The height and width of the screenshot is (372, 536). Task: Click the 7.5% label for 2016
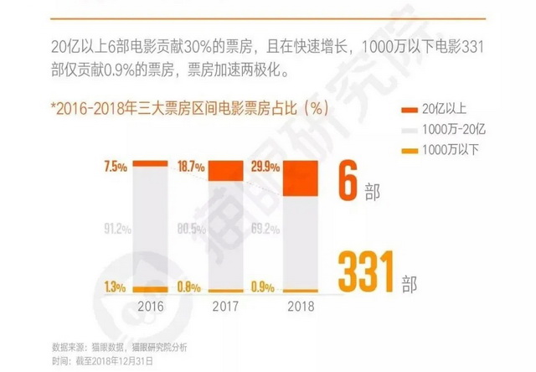pyautogui.click(x=116, y=167)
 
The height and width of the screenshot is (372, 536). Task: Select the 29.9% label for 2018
pyautogui.click(x=265, y=167)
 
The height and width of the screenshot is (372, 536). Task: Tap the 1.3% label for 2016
pyautogui.click(x=116, y=287)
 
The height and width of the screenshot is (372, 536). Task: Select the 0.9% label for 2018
pyautogui.click(x=265, y=287)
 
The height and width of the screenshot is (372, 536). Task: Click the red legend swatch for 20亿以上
pyautogui.click(x=411, y=110)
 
